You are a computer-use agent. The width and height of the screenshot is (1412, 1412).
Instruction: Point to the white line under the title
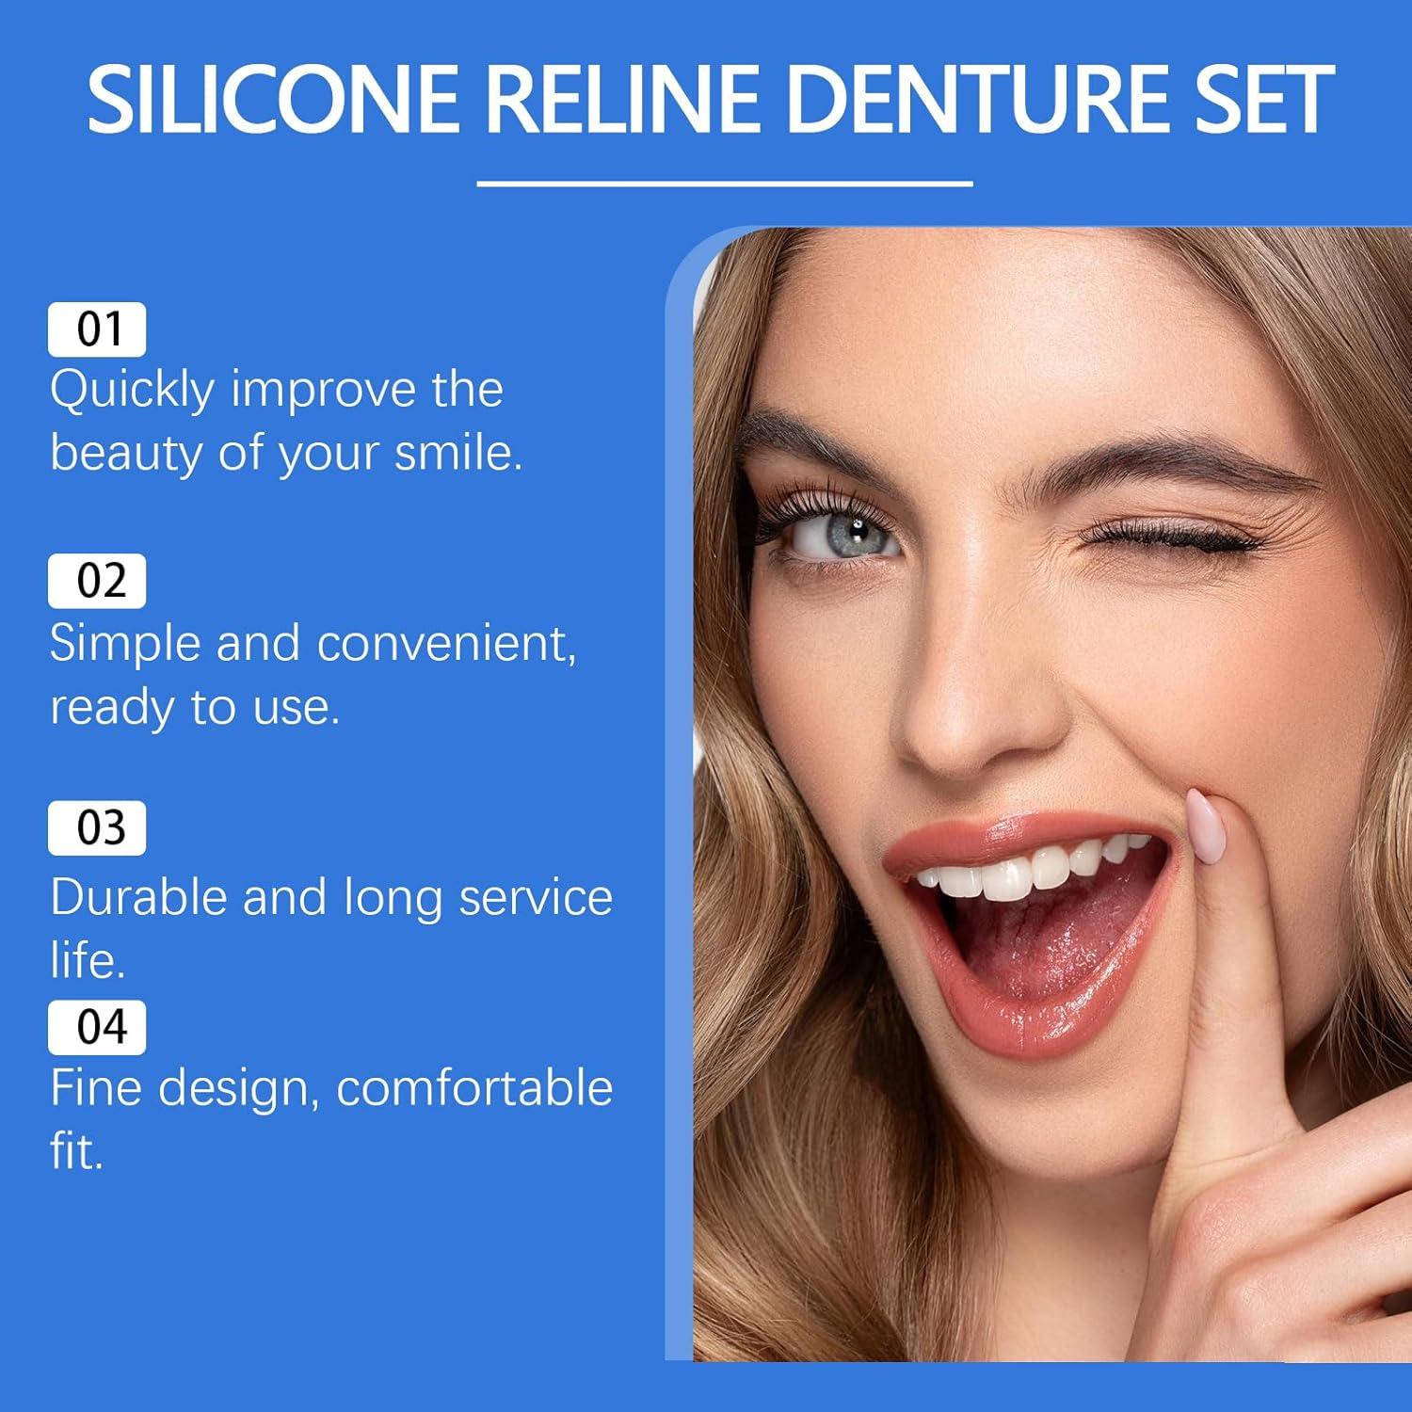coord(724,184)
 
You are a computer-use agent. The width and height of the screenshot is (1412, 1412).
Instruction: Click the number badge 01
coord(97,329)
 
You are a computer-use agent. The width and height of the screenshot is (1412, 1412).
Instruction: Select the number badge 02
coord(97,581)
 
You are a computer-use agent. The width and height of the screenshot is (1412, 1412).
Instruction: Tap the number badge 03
coord(97,828)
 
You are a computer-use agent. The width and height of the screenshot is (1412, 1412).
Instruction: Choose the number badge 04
coord(97,1027)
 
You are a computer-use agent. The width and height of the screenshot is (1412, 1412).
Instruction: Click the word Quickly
coord(133,391)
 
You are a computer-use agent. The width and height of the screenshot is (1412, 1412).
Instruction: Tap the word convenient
coord(445,645)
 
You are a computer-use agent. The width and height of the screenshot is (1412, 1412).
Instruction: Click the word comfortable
coord(474,1089)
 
